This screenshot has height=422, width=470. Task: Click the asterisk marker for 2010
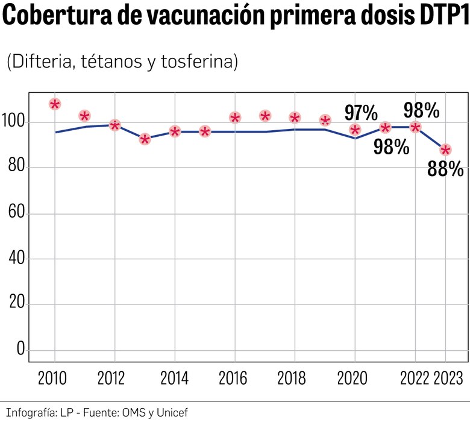click(x=55, y=104)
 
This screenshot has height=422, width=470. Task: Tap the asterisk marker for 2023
click(x=445, y=150)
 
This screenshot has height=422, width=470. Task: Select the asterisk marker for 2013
click(x=145, y=140)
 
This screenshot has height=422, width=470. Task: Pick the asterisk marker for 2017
click(x=265, y=116)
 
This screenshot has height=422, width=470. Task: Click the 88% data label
click(x=445, y=169)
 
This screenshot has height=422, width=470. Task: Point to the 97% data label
click(x=361, y=112)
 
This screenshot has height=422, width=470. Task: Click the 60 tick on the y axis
click(x=17, y=214)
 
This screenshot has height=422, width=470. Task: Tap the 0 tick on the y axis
click(x=20, y=350)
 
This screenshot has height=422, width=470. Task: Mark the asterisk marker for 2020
click(x=355, y=130)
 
